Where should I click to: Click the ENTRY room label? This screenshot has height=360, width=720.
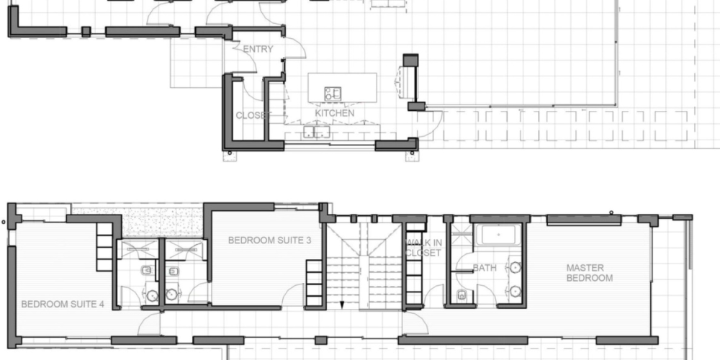(x=258, y=49)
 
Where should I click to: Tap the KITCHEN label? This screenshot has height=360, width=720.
(x=335, y=113)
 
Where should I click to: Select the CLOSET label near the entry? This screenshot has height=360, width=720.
(x=251, y=116)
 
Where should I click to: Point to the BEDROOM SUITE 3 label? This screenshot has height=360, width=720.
(x=269, y=240)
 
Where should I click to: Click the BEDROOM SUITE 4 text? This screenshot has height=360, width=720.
(x=63, y=304)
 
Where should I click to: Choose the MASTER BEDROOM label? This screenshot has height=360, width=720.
(x=589, y=273)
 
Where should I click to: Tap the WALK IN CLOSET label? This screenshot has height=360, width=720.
(x=424, y=248)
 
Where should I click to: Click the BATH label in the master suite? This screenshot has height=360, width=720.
(x=485, y=268)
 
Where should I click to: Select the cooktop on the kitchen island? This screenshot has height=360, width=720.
(x=333, y=93)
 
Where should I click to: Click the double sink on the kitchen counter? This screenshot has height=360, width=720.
(x=317, y=132)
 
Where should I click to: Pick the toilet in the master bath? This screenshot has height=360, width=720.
(x=462, y=295)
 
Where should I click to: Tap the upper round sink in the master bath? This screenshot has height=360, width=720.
(x=516, y=267)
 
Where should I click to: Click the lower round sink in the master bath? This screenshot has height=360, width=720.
(x=516, y=291)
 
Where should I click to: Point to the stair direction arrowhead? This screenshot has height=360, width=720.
(x=342, y=305)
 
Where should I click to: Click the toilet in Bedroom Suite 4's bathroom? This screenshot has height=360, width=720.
(x=146, y=271)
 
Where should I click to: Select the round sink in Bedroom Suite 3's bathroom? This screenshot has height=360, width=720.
(x=171, y=294)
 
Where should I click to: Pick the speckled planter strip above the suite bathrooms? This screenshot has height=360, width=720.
(x=138, y=222)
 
